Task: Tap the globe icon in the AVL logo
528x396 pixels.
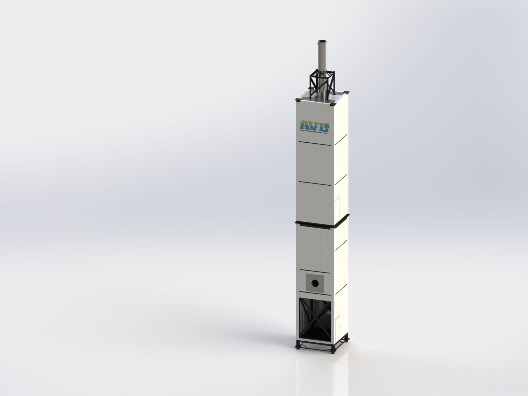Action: pyautogui.click(x=327, y=127)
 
